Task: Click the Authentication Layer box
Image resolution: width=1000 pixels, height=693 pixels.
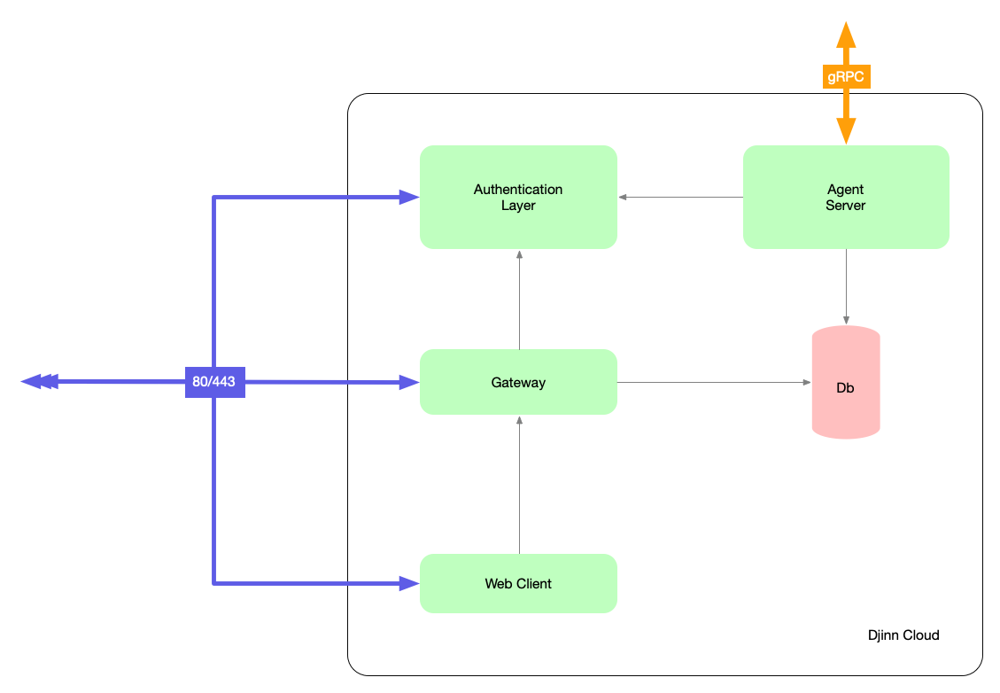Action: click(x=518, y=197)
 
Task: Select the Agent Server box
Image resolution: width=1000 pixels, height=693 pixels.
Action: click(x=845, y=197)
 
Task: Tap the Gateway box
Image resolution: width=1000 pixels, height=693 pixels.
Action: click(x=518, y=382)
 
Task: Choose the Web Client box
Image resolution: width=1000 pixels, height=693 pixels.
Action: click(x=518, y=583)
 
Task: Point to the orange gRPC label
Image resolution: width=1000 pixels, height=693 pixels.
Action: click(x=845, y=77)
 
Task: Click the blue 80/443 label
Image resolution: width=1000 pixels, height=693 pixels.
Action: click(x=214, y=382)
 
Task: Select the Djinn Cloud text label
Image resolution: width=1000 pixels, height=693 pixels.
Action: click(x=903, y=635)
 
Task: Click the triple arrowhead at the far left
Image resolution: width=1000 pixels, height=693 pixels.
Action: click(x=39, y=381)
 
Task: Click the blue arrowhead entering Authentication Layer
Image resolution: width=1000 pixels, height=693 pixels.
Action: click(x=408, y=197)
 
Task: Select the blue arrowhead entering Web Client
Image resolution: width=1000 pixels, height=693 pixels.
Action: click(x=408, y=583)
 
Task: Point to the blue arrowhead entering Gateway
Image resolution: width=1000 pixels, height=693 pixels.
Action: click(x=408, y=382)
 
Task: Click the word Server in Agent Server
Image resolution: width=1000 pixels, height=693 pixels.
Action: click(x=845, y=206)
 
